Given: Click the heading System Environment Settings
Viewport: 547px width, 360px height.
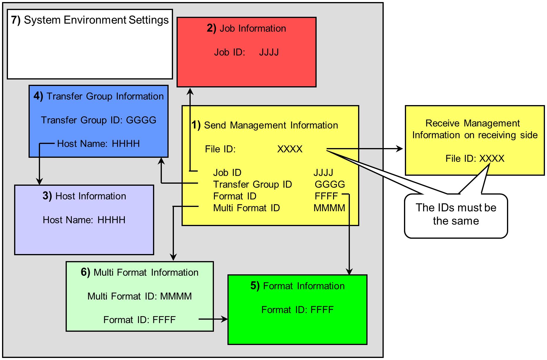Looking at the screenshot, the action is click(x=90, y=20).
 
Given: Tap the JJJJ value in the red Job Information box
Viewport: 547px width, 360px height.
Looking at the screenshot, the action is click(x=269, y=52).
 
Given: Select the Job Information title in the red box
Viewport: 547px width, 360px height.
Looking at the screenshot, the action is click(x=246, y=29).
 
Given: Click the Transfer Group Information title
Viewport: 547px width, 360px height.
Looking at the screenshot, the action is click(x=99, y=96).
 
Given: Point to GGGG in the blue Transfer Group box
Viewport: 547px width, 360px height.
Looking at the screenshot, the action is click(x=141, y=120).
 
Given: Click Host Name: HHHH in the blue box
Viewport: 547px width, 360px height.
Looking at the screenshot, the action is click(x=98, y=144).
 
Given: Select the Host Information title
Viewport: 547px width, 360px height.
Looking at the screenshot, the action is click(x=84, y=196).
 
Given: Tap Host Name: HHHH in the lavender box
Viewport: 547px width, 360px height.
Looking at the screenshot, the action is click(x=84, y=220).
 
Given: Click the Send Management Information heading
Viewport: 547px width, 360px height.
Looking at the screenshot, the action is click(x=265, y=125).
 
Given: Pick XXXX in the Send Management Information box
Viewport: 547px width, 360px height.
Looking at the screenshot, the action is click(x=290, y=149).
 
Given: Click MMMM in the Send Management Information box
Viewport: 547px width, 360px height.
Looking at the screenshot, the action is click(x=329, y=208).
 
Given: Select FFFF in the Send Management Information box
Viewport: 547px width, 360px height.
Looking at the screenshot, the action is click(x=326, y=196).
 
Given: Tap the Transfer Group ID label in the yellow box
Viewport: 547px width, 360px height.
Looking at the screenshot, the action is click(x=252, y=184).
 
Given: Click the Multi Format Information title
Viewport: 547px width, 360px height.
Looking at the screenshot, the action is click(x=139, y=272).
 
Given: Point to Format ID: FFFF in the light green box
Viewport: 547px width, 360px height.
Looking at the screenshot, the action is click(x=139, y=320).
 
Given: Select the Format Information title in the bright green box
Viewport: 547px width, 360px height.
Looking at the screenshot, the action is click(x=297, y=286).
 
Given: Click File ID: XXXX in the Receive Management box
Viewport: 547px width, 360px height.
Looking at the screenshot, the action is click(x=475, y=159).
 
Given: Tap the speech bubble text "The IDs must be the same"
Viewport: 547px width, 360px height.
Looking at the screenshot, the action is click(x=456, y=214).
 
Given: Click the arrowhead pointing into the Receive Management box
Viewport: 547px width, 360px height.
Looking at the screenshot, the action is click(x=400, y=149).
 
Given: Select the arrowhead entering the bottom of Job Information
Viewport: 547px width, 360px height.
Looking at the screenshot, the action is click(x=191, y=91).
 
